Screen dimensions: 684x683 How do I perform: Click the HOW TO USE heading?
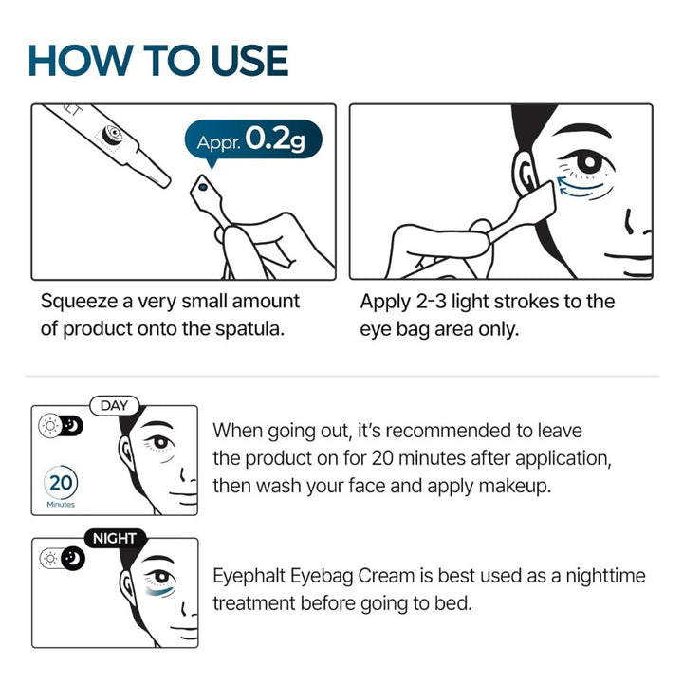tap(157, 59)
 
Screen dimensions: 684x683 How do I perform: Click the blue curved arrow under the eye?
tap(578, 191)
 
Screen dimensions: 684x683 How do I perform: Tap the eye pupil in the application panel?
tap(589, 162)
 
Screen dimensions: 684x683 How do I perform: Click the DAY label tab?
tap(115, 406)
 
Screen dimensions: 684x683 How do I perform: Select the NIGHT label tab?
tap(114, 538)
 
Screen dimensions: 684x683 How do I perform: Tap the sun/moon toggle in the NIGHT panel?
tap(62, 559)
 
